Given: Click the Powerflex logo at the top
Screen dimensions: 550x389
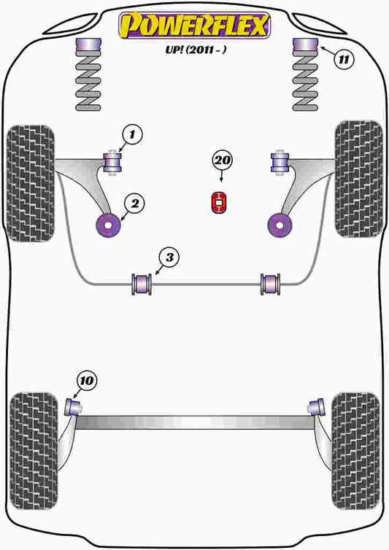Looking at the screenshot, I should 195,24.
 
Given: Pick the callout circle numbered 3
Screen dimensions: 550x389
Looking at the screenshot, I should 169,257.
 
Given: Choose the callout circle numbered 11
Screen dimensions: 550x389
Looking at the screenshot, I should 343,59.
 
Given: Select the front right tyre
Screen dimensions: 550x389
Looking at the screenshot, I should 358,178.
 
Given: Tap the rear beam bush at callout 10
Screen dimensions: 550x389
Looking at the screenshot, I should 74,406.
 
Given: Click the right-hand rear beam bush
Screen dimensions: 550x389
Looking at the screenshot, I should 317,406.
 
